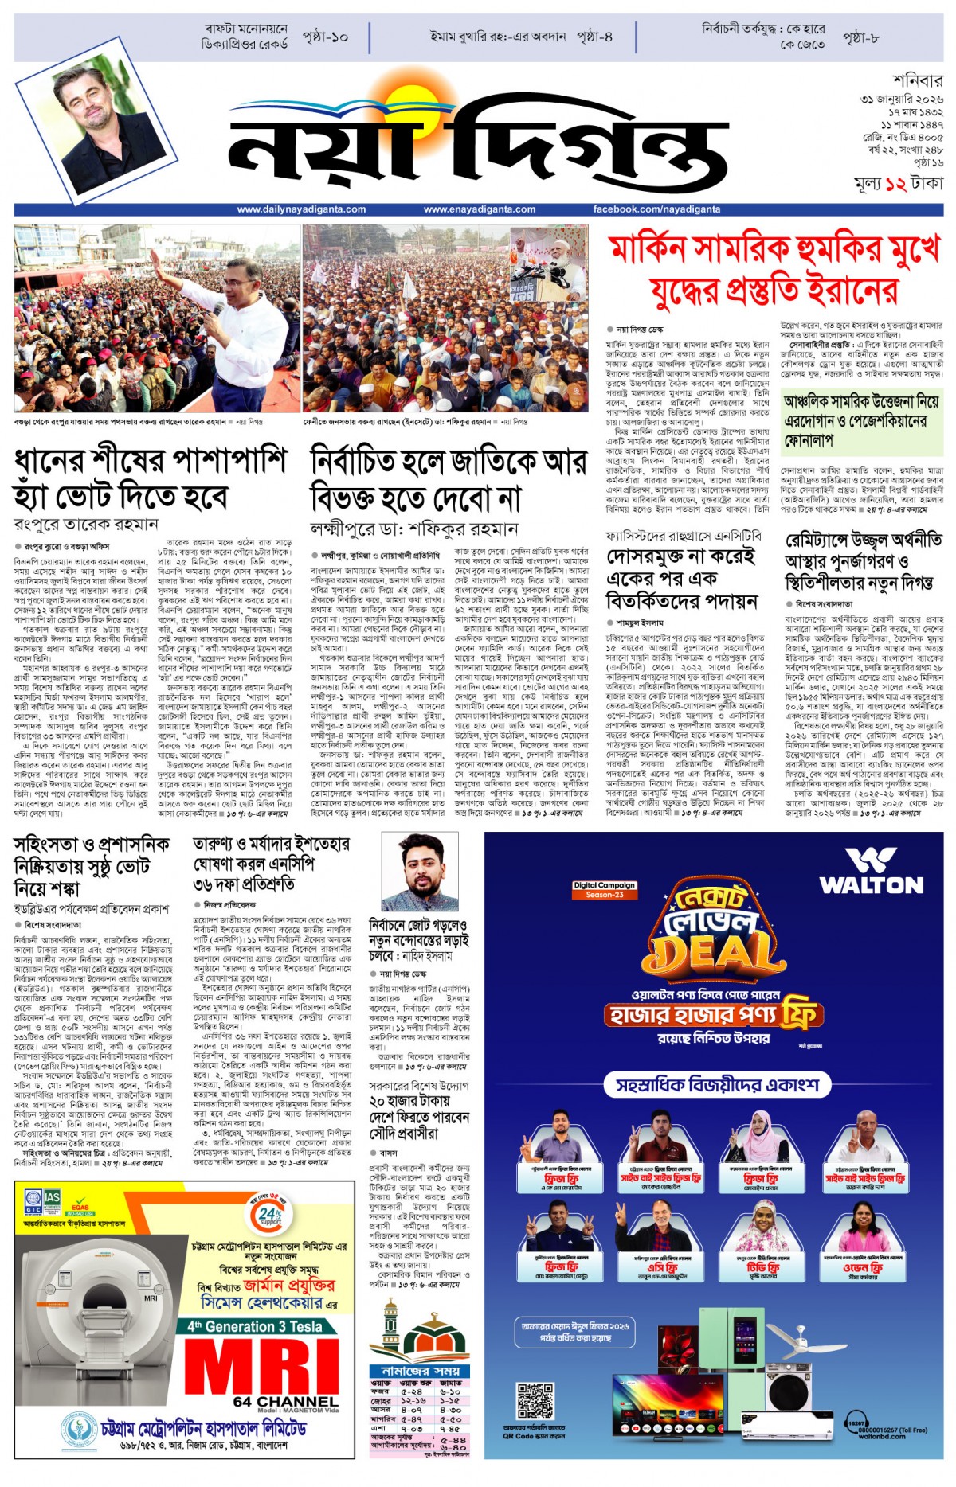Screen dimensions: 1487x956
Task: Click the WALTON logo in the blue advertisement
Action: (x=871, y=872)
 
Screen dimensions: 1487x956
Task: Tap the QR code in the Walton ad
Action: (x=535, y=1402)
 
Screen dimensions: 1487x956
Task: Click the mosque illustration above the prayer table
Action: (x=414, y=1329)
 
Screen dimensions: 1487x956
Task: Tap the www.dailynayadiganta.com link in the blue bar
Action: (x=301, y=209)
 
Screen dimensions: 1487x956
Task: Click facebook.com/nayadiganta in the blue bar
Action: (x=656, y=209)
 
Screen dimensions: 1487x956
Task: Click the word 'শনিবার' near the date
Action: (x=917, y=80)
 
